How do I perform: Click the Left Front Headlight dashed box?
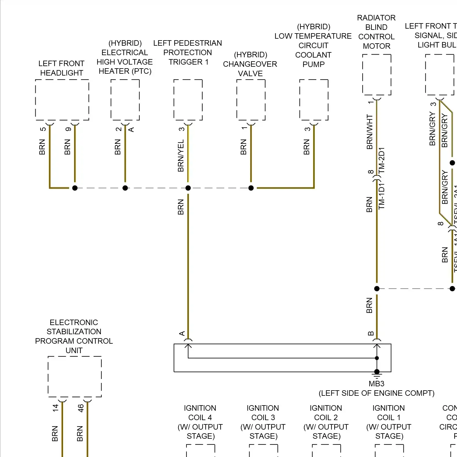click(62, 100)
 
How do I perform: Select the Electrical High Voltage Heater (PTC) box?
click(125, 100)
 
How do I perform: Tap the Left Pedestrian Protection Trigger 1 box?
click(188, 100)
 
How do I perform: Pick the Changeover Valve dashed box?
click(251, 100)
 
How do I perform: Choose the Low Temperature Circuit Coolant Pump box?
click(314, 100)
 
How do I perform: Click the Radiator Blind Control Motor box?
click(377, 75)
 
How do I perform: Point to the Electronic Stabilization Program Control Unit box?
click(75, 377)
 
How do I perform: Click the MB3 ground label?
click(377, 384)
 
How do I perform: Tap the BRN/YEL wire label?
click(181, 156)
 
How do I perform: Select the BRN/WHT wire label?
click(370, 132)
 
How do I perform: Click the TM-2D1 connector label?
click(382, 160)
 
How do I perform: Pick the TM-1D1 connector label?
click(382, 196)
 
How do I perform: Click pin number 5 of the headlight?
click(43, 129)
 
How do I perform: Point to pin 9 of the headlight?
click(68, 129)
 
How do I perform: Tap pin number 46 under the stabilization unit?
click(81, 408)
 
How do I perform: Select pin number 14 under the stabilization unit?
click(55, 408)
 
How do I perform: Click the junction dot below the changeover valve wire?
click(251, 188)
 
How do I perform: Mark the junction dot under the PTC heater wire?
click(125, 188)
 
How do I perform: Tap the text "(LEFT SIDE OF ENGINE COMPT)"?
click(377, 393)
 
